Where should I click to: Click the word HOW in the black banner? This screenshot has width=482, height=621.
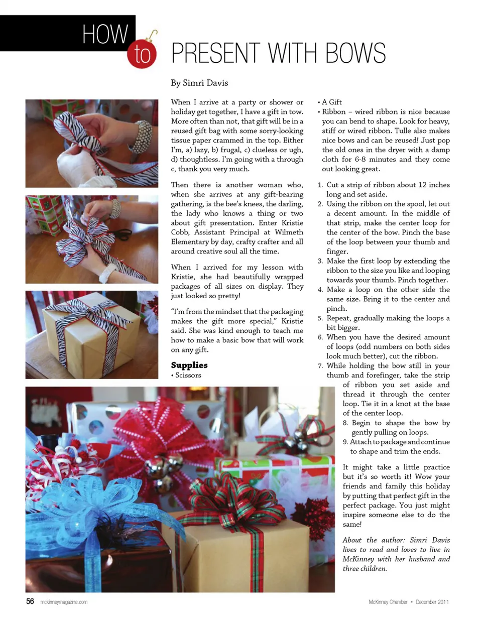pos(105,34)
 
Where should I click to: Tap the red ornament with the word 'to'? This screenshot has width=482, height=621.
pos(143,54)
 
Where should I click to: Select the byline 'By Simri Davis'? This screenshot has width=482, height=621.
pos(199,83)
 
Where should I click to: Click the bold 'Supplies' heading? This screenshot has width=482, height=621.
pos(189,365)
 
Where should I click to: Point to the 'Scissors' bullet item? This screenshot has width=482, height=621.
pos(188,375)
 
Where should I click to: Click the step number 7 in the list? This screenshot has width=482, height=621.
pos(320,365)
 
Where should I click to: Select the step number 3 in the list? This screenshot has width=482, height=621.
pos(320,261)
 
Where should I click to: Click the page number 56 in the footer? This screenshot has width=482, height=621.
pos(30,601)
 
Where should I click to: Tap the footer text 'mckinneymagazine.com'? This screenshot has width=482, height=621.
pos(64,602)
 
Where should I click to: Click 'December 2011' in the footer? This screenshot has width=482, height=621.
pos(432,602)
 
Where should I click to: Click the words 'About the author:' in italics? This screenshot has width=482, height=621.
pos(374,540)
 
